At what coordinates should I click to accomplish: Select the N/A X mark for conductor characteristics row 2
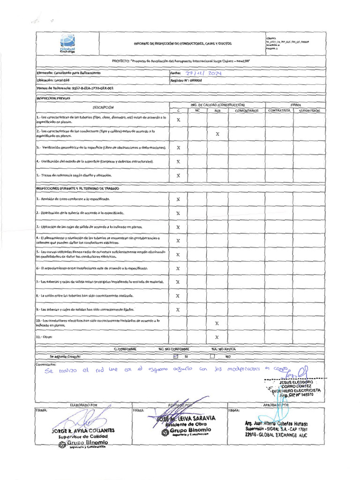(217, 134)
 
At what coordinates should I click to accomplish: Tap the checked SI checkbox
(176, 356)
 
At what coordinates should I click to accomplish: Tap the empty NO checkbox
(212, 356)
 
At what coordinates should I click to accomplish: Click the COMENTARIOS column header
(247, 111)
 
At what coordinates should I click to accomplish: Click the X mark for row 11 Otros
(217, 337)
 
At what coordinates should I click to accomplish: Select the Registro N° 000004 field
(180, 81)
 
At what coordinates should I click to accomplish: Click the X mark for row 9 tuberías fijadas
(178, 310)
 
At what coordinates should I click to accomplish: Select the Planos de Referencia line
(75, 88)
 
